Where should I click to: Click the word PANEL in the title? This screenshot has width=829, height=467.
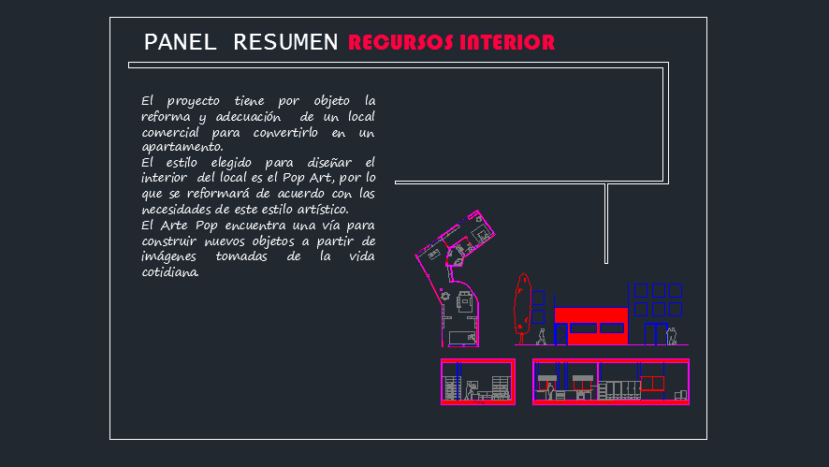180,42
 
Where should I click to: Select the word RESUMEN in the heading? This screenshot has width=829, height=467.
285,42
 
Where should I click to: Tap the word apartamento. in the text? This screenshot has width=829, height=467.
182,147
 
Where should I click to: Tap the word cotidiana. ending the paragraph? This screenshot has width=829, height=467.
170,272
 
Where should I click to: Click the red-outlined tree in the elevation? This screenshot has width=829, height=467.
522,301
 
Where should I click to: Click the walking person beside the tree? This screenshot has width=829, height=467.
541,336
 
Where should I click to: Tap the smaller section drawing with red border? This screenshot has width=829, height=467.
477,382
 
